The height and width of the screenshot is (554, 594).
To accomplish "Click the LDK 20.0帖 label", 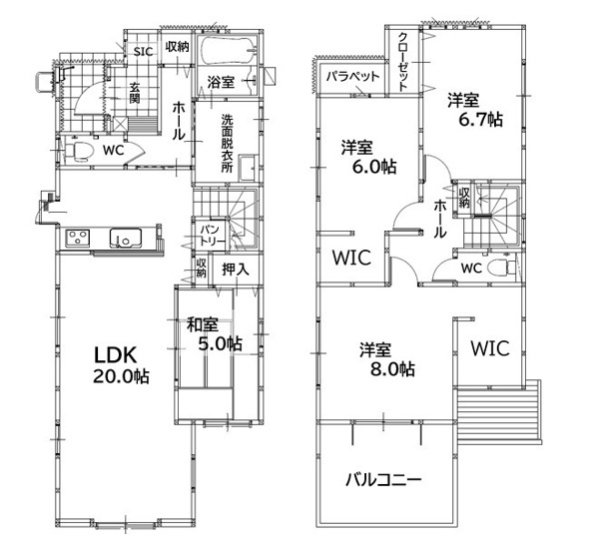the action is tap(121, 365).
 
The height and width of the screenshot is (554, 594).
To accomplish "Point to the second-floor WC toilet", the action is tap(501, 268).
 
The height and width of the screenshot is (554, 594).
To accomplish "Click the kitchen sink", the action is tap(126, 238).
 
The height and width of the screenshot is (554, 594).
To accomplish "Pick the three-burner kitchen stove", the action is tap(78, 239).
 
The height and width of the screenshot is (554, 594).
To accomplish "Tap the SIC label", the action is tap(143, 52).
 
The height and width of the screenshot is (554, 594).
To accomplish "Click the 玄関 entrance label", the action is tap(135, 93).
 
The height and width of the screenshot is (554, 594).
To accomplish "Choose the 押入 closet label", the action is tap(236, 270).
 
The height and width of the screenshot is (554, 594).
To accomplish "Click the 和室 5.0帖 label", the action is tap(214, 334).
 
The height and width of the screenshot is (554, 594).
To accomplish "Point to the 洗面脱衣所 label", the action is tap(228, 144).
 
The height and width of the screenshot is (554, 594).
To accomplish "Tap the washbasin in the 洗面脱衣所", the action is tap(249, 168).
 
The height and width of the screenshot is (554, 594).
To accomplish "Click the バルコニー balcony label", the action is tap(383, 480).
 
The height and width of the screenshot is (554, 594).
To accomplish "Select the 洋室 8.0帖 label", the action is tap(387, 359).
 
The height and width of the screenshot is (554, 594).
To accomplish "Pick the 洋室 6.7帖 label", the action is tap(475, 111).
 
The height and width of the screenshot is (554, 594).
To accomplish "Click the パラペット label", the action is tap(352, 77).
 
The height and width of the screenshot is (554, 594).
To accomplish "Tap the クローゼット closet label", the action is tap(403, 62).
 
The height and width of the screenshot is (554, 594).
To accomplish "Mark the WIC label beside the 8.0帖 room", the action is tap(490, 348).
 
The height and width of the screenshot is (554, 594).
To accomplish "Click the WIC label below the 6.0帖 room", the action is tap(351, 258).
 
